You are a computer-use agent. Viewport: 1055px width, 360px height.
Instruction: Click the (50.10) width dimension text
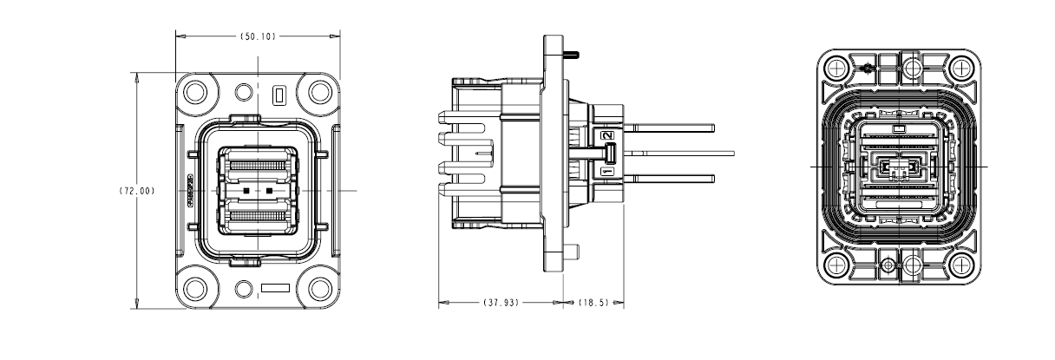click(x=258, y=36)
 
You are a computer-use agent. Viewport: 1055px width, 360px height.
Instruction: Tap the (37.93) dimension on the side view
click(x=500, y=304)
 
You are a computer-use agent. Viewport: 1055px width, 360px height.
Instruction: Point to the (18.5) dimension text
click(x=594, y=304)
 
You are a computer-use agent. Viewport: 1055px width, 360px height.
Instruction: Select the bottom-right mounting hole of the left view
click(x=320, y=287)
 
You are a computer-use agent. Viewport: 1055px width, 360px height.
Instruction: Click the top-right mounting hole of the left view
click(x=320, y=90)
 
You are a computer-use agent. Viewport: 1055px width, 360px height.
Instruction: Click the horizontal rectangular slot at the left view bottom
click(x=275, y=287)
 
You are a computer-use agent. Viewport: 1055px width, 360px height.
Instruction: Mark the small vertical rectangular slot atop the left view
click(x=278, y=94)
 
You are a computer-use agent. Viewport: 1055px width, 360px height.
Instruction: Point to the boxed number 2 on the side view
click(x=608, y=135)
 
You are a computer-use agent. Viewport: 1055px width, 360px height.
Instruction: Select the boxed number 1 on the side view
click(x=608, y=173)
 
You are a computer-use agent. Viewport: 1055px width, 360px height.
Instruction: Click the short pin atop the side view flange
click(x=573, y=56)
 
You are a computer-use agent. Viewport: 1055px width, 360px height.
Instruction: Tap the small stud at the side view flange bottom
click(x=573, y=252)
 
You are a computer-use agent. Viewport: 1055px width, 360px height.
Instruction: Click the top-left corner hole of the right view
click(x=837, y=67)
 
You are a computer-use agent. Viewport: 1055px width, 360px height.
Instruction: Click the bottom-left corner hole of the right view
click(x=837, y=265)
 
